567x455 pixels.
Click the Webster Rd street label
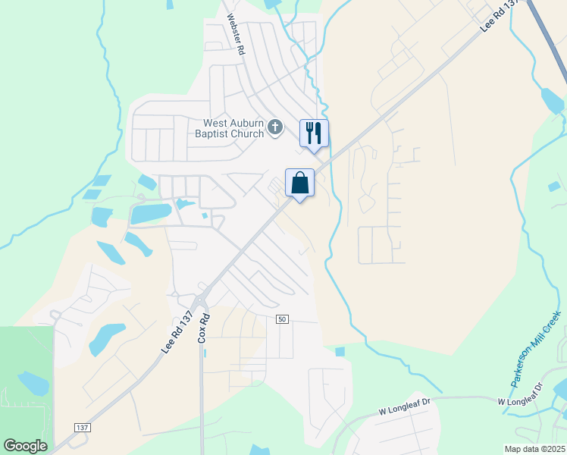(x=234, y=36)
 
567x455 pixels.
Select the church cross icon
(x=275, y=127)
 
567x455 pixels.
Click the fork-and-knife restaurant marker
(x=314, y=133)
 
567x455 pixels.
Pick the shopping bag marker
(x=300, y=182)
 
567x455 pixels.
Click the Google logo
(x=25, y=446)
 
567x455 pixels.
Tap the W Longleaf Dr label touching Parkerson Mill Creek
(x=522, y=397)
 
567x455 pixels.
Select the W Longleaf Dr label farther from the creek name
(x=404, y=409)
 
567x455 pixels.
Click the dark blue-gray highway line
(x=547, y=42)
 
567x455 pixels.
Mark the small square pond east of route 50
(x=340, y=352)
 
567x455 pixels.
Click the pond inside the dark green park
(x=32, y=382)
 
